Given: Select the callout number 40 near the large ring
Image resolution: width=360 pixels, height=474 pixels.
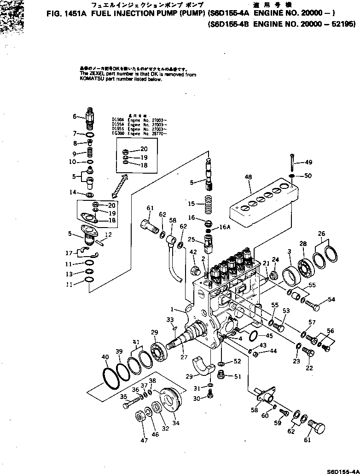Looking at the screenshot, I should (105, 357).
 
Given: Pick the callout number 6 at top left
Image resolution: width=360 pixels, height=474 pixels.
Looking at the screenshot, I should (74, 117).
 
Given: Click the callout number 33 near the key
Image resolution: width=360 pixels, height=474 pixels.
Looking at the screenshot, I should (170, 320).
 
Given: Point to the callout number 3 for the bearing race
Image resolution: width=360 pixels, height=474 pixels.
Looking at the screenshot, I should (289, 252).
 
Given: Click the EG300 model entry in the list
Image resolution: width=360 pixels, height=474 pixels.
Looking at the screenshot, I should (116, 133).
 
